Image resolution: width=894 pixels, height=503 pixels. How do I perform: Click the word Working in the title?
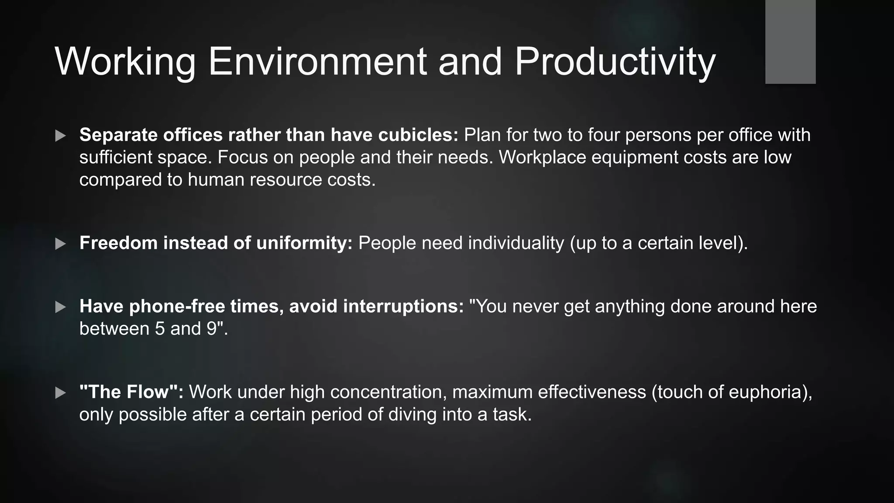[125, 62]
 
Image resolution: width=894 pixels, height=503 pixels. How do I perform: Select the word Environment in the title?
[317, 62]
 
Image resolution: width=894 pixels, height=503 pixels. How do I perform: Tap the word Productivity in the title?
[615, 62]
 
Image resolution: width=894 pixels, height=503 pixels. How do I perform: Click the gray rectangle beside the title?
[790, 42]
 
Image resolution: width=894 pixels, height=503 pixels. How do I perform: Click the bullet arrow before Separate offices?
[61, 136]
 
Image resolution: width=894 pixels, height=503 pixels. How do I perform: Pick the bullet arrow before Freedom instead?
[61, 244]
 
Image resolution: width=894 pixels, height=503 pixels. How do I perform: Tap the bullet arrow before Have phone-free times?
[61, 307]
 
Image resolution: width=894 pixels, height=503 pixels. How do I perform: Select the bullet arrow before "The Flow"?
[61, 393]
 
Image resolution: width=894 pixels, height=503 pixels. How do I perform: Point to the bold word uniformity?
[304, 243]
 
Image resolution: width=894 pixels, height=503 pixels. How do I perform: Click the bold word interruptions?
[403, 307]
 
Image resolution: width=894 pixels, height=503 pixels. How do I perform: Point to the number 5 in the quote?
[160, 329]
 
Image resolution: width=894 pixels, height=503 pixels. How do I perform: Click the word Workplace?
[542, 157]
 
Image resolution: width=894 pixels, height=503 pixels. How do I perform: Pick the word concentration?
[388, 392]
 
